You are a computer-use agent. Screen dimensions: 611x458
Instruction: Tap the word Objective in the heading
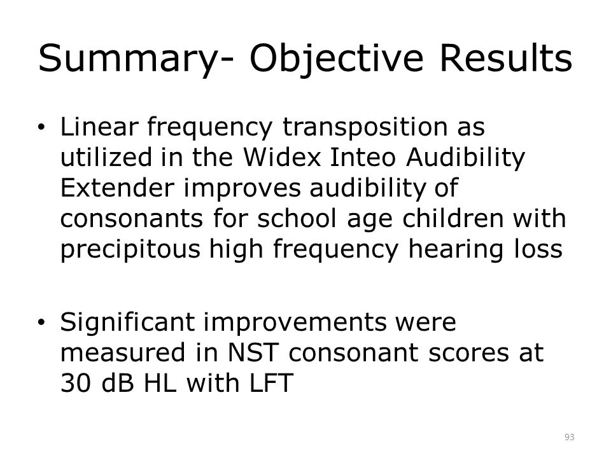(x=336, y=59)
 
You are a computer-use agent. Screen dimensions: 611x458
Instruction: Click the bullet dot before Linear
(x=41, y=127)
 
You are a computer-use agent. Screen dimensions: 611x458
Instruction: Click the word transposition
(x=365, y=128)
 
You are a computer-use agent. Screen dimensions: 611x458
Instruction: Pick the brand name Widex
(x=282, y=158)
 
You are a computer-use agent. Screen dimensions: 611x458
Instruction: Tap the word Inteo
(x=363, y=158)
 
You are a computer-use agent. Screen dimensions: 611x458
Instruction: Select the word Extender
(x=117, y=188)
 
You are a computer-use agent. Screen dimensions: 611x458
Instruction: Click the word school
(x=297, y=218)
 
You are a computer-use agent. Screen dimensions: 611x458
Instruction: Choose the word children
(x=453, y=218)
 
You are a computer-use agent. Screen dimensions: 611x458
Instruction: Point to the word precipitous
(x=130, y=249)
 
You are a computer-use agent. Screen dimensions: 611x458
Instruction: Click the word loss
(x=538, y=249)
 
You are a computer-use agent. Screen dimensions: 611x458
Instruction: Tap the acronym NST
(x=253, y=352)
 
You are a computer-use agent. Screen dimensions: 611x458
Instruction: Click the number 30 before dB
(x=76, y=383)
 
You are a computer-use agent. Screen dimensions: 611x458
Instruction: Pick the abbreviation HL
(x=160, y=383)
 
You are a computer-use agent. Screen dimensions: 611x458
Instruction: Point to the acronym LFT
(x=271, y=383)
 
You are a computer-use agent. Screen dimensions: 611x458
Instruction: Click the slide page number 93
(x=569, y=437)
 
